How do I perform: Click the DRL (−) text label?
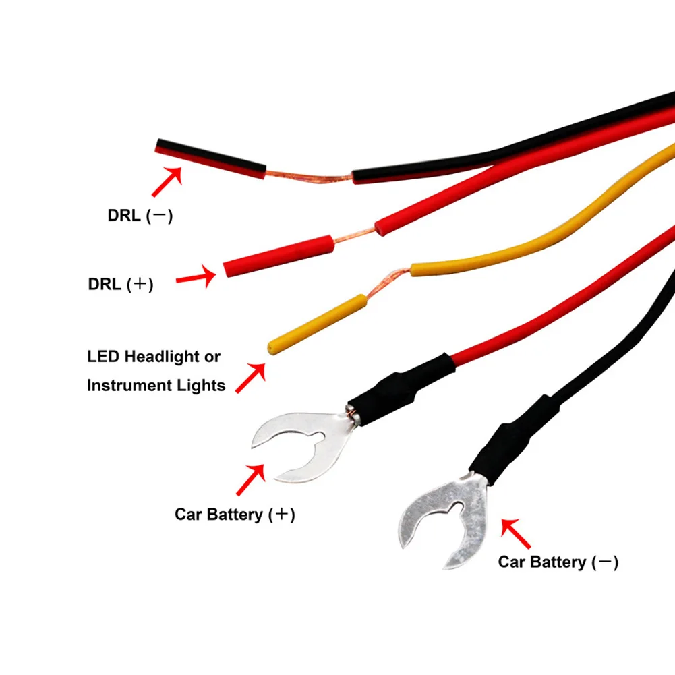(x=140, y=216)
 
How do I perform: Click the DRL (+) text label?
(x=121, y=284)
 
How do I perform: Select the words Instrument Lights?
(x=156, y=386)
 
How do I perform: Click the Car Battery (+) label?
(x=235, y=515)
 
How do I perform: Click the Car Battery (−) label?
(x=558, y=561)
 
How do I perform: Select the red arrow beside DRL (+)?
(x=196, y=276)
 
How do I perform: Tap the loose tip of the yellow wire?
(x=271, y=347)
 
